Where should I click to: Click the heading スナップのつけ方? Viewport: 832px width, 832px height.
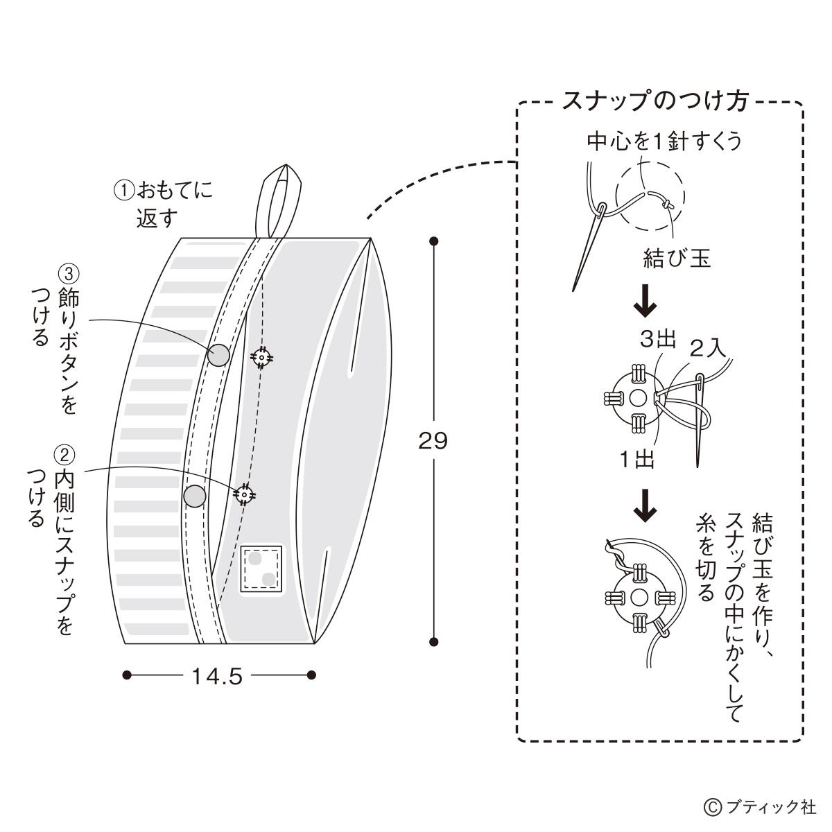(655, 102)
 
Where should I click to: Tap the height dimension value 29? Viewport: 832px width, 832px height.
(433, 441)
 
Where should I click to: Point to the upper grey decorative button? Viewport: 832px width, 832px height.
(219, 355)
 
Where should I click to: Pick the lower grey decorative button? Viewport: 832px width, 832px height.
(195, 495)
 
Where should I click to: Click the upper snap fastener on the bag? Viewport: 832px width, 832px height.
(261, 357)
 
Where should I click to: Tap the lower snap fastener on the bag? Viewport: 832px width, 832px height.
(243, 494)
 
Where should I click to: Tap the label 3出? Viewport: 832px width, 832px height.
(657, 340)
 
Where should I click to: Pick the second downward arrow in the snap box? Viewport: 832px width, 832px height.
(645, 505)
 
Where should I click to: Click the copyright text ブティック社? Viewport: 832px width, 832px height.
(761, 807)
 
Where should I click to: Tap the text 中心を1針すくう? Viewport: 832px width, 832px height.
(664, 142)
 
